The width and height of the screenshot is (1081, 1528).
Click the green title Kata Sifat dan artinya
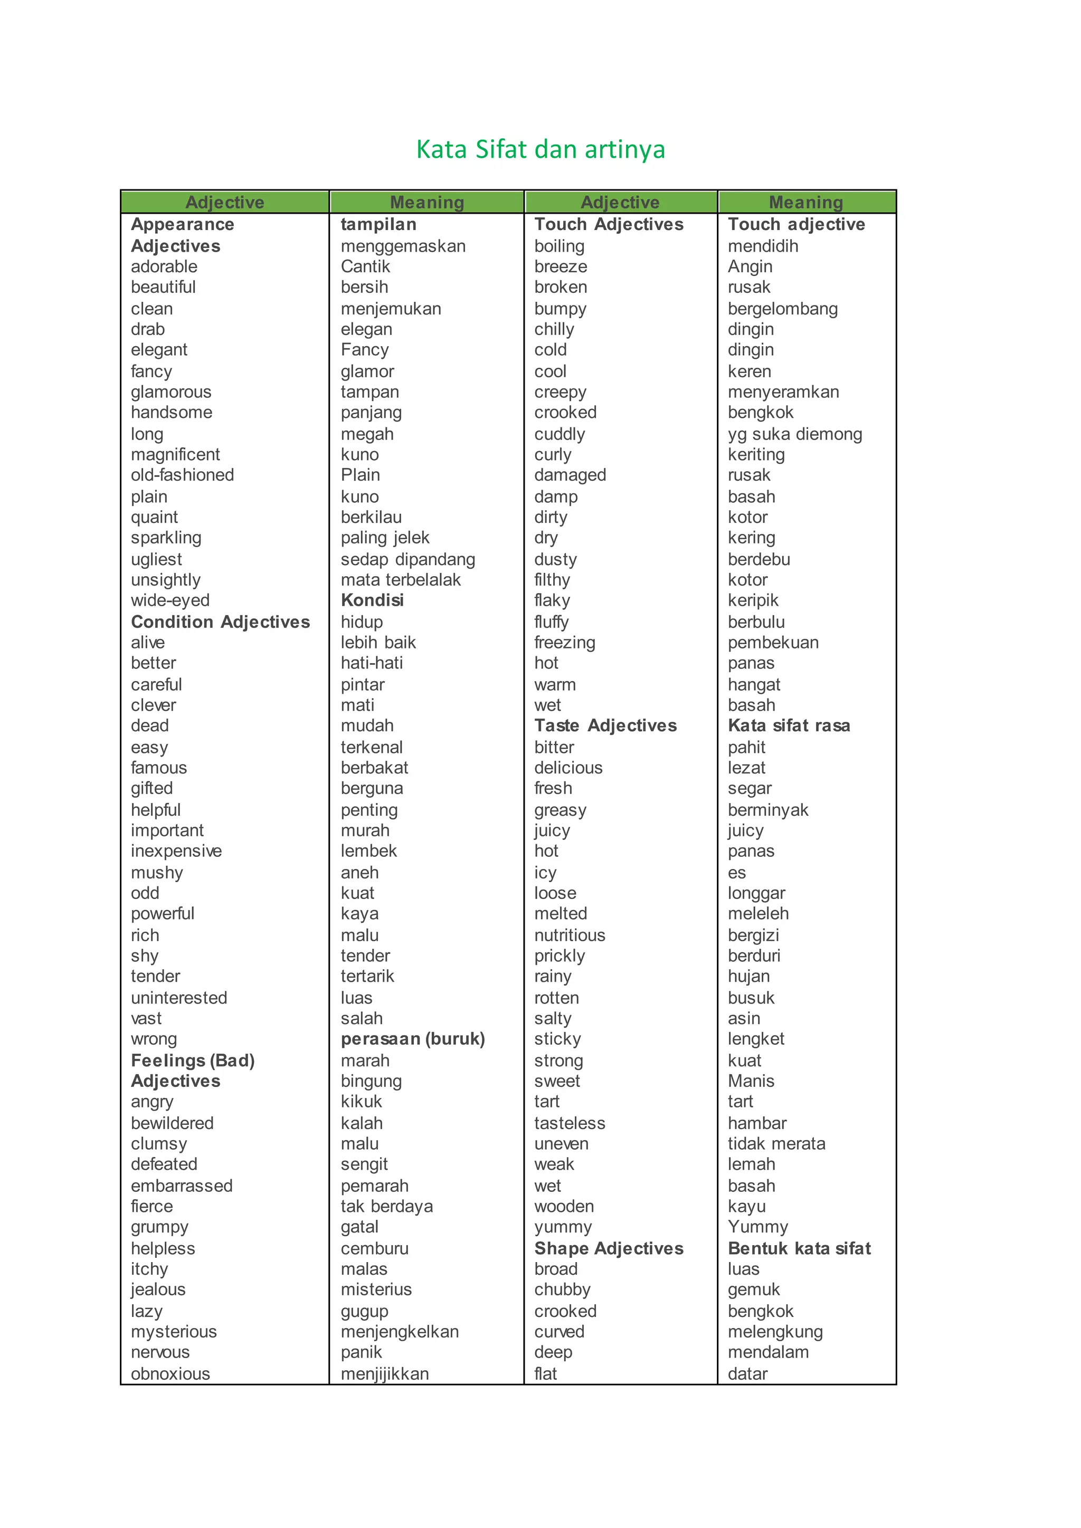pos(540,150)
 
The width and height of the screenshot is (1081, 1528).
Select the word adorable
pos(164,267)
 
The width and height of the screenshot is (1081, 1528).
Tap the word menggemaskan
pos(403,246)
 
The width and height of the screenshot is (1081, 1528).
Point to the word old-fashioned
pos(183,475)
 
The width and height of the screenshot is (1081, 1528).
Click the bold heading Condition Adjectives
pos(220,622)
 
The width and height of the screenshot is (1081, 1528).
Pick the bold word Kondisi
pos(372,600)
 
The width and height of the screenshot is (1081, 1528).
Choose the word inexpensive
pos(176,851)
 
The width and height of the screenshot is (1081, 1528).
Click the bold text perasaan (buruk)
pos(413,1039)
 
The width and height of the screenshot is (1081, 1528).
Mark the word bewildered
pos(173,1123)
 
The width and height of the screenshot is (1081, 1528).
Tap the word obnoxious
pos(170,1374)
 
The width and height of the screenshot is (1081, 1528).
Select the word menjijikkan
pos(385,1374)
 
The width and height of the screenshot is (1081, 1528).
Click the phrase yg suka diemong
pos(795,435)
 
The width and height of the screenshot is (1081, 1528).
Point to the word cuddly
pos(559,435)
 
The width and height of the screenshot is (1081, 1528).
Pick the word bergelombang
pos(783,309)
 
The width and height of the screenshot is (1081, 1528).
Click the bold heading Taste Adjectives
pos(605,726)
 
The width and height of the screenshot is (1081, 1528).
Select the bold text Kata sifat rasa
pos(789,726)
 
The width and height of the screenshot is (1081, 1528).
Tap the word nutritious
pos(570,935)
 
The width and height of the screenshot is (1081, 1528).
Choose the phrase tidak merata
pos(776,1144)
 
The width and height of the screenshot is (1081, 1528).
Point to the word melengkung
pos(775,1332)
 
